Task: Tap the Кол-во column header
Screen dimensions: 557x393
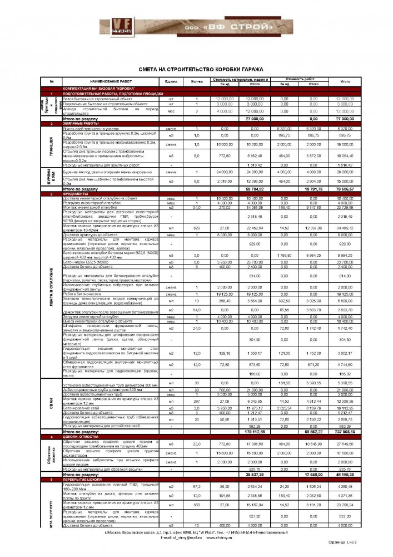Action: [x=197, y=81]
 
